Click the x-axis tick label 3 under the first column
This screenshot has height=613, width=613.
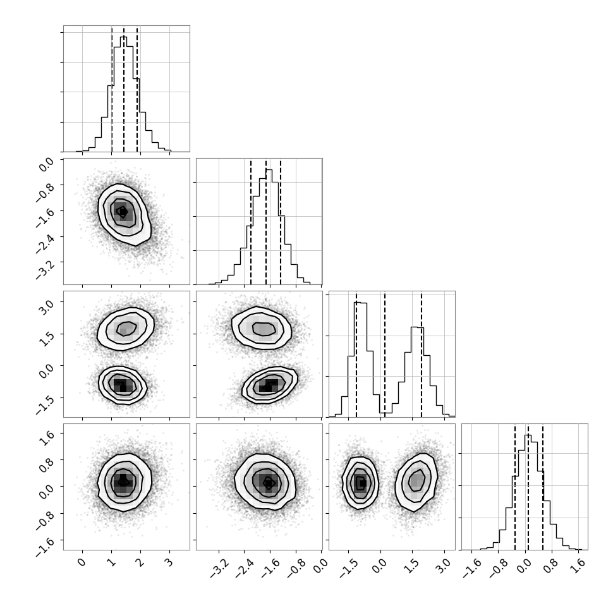click(169, 562)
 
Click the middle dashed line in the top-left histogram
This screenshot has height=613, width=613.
click(124, 89)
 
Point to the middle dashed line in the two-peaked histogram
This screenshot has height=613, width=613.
click(385, 355)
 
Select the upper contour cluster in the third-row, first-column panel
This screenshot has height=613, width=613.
click(126, 329)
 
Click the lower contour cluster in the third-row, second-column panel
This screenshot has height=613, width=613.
click(270, 385)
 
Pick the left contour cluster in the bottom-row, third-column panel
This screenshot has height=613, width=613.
click(360, 483)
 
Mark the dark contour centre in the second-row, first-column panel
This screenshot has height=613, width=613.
click(123, 212)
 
